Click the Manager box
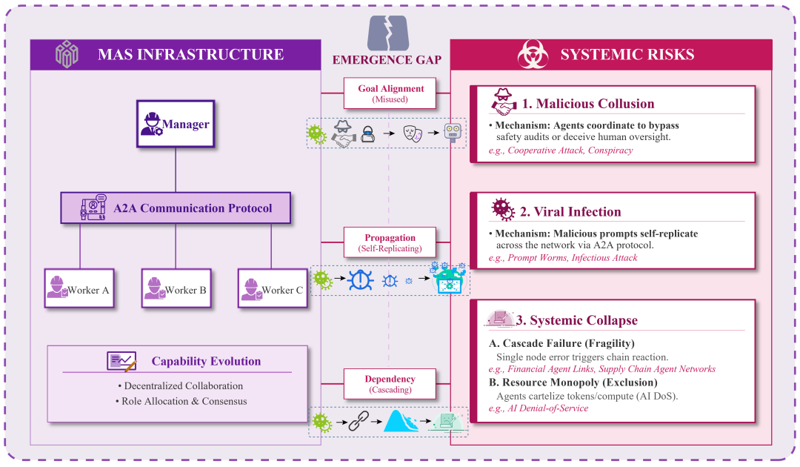[176, 124]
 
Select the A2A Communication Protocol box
[175, 208]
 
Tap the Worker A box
[79, 288]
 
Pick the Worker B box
[176, 288]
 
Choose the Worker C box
[272, 288]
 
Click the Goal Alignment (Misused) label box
[390, 93]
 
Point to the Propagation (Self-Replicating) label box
[390, 242]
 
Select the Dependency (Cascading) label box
[390, 384]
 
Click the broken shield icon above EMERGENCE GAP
[387, 32]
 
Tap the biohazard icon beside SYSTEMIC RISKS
[533, 55]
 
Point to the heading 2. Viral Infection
[570, 211]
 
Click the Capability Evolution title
[206, 362]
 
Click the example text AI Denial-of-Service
[547, 408]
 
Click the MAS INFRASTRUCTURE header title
[190, 54]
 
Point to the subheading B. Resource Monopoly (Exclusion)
[573, 382]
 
